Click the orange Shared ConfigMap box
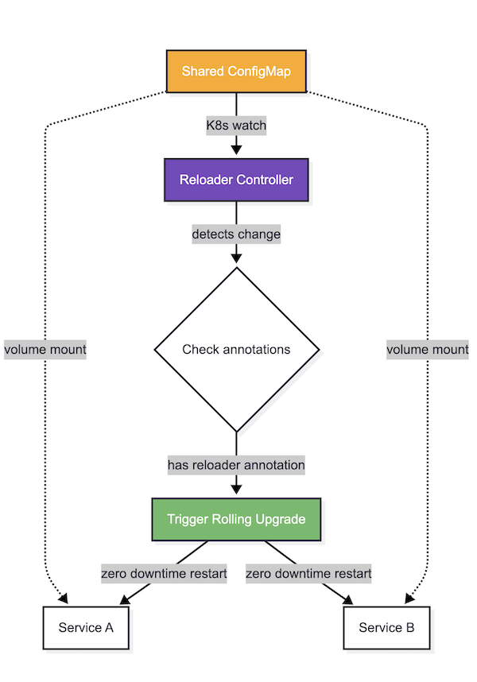(236, 72)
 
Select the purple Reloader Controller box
(236, 180)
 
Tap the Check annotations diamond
(236, 349)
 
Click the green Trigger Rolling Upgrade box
(236, 519)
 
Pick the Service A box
(86, 628)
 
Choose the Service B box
(386, 628)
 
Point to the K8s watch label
(236, 126)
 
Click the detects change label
(236, 234)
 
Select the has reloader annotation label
(236, 464)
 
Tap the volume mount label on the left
(45, 349)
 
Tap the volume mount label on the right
(428, 349)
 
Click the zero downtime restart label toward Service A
(164, 573)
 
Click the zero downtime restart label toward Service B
(308, 573)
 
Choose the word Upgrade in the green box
(280, 519)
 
